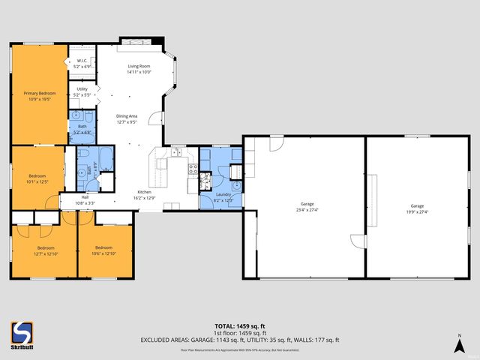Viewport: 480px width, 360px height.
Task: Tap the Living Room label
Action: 139,67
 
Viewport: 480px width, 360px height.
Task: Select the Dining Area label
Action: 127,115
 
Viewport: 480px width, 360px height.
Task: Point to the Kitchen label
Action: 144,192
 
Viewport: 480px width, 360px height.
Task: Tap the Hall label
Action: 85,198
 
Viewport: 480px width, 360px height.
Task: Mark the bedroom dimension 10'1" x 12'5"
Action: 37,181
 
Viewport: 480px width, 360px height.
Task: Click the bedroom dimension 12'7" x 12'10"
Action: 46,253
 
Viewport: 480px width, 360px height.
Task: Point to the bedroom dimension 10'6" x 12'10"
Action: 103,253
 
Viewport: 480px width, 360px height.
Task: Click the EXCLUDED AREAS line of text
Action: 239,340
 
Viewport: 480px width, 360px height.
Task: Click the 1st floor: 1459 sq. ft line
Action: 239,332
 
